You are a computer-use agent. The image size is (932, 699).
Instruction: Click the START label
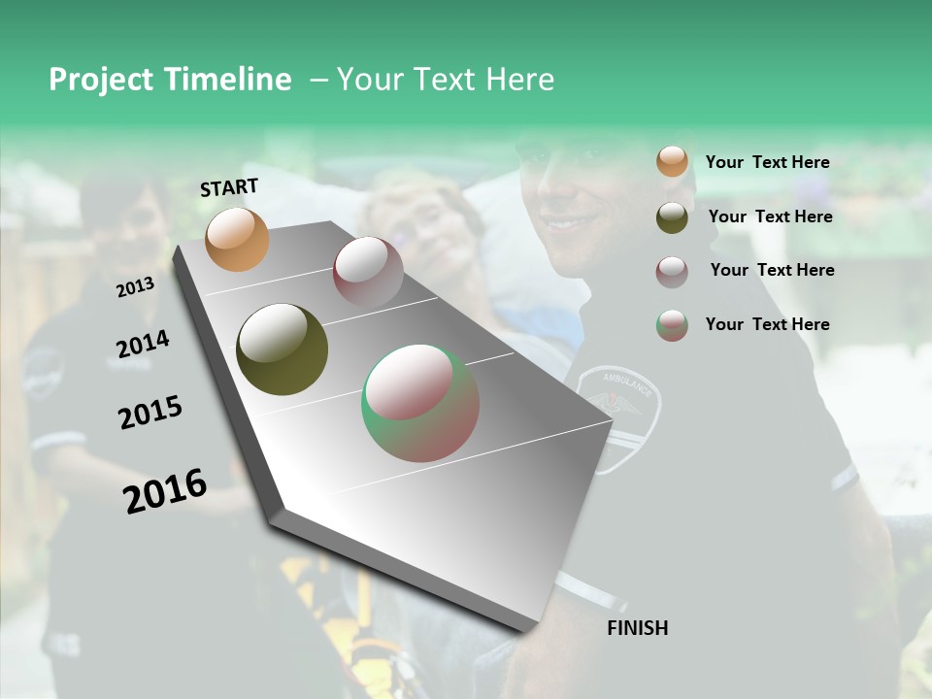tap(229, 187)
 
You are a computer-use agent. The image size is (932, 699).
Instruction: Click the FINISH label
tap(637, 628)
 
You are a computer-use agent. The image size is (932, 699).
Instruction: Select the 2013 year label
tap(135, 286)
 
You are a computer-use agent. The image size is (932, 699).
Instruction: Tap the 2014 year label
tap(143, 344)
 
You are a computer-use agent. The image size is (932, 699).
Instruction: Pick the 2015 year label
tap(150, 413)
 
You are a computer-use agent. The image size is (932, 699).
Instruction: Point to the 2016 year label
tap(165, 491)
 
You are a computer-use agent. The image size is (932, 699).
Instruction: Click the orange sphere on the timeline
tap(237, 239)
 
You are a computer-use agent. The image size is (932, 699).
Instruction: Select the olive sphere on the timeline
tap(282, 349)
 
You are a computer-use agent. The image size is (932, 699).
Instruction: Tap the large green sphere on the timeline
tap(420, 403)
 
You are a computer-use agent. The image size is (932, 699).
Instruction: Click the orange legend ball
tap(672, 162)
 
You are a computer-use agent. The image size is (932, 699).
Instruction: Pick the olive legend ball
tap(672, 217)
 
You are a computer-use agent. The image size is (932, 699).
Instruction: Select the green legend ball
tap(672, 325)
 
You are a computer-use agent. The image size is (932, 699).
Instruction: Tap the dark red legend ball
tap(672, 272)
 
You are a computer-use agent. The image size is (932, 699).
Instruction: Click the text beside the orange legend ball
tap(767, 163)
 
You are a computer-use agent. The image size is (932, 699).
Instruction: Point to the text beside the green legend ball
tap(767, 324)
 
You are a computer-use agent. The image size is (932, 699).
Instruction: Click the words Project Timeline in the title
tap(170, 80)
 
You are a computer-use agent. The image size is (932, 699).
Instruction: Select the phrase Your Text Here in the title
tap(446, 80)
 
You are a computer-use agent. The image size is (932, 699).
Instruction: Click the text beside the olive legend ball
tap(770, 216)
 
